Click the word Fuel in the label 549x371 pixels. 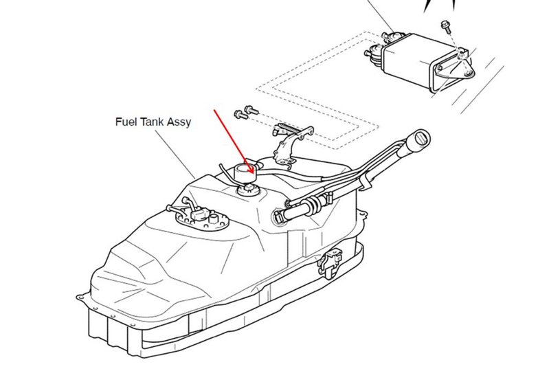click(125, 123)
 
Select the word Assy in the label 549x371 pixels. click(179, 124)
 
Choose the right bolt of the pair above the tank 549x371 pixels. click(249, 108)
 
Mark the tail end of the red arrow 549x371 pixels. click(216, 109)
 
